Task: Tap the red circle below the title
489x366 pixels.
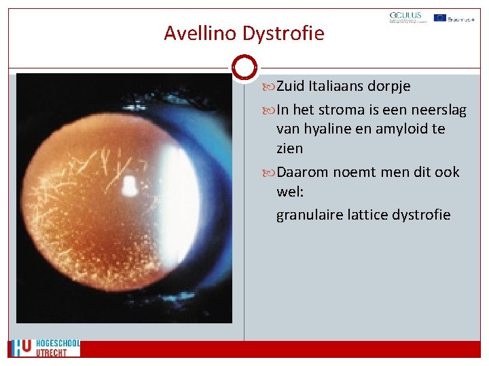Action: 244,68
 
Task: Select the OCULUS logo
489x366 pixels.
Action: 405,18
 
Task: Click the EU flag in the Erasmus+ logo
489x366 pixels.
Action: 440,18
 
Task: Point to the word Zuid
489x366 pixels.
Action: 291,87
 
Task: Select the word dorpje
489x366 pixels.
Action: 389,87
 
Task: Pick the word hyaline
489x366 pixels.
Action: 331,129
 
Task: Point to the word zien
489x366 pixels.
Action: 289,148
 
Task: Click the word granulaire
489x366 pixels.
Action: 308,215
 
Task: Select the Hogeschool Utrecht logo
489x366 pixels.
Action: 44,348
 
